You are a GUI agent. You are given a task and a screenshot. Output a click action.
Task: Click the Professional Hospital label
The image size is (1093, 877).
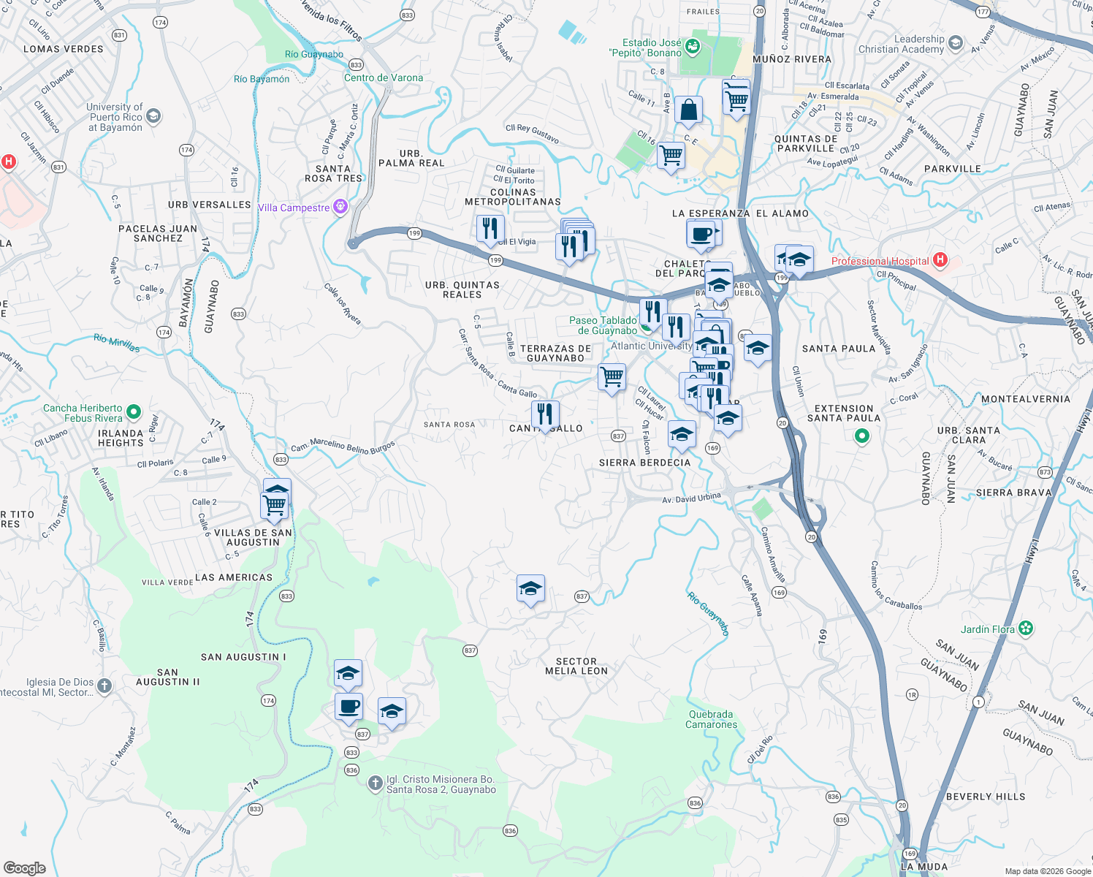click(880, 261)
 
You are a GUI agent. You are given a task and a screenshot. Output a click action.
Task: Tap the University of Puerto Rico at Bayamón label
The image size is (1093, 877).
click(115, 117)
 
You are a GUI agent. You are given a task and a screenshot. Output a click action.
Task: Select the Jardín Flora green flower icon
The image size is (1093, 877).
click(1027, 629)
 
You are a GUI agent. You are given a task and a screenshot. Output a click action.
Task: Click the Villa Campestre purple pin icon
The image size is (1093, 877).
click(340, 208)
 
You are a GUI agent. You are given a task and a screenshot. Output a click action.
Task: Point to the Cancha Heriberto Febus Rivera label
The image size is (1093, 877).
click(83, 413)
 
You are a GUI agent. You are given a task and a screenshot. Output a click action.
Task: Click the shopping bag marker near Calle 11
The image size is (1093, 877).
click(688, 111)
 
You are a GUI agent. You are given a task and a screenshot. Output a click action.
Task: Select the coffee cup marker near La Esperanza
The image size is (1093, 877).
click(701, 235)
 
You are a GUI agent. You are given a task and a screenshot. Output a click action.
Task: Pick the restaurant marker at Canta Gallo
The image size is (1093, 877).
click(545, 414)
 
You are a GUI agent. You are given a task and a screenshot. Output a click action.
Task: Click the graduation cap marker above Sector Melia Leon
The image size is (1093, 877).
click(530, 589)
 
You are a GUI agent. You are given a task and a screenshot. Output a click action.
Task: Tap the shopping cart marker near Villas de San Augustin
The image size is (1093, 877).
click(275, 505)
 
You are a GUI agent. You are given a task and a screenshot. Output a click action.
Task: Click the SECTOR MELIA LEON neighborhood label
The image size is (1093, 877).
click(576, 666)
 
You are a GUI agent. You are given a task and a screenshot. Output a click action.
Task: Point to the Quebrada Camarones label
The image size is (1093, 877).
click(711, 719)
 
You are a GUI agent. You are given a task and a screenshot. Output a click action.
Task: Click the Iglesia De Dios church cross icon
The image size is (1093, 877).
click(104, 686)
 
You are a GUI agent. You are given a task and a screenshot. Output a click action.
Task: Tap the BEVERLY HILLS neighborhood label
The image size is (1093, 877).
click(986, 797)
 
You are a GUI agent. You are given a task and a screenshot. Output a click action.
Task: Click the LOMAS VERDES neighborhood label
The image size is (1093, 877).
click(64, 49)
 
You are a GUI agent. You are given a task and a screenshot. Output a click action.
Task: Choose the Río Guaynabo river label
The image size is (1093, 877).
click(708, 613)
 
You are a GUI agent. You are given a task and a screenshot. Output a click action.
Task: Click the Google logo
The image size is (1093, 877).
click(25, 868)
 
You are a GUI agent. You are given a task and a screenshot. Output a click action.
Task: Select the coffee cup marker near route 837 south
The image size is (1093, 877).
click(349, 707)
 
